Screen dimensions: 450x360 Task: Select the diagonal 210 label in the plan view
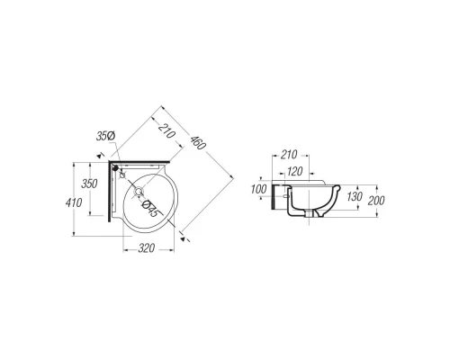pyautogui.click(x=166, y=131)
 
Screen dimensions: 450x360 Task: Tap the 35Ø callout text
pyautogui.click(x=105, y=136)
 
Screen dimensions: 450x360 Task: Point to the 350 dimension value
pyautogui.click(x=89, y=184)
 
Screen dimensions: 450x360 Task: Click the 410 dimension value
pyautogui.click(x=74, y=202)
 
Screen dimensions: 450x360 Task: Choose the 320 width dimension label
pyautogui.click(x=147, y=248)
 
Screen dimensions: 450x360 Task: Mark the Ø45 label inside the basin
pyautogui.click(x=150, y=209)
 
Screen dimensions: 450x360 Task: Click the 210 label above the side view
pyautogui.click(x=289, y=155)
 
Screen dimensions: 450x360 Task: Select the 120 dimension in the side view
pyautogui.click(x=294, y=172)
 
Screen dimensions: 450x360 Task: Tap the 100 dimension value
pyautogui.click(x=258, y=189)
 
